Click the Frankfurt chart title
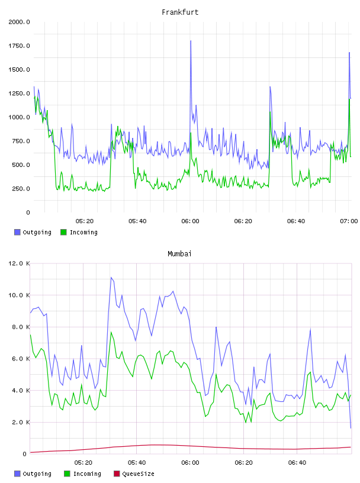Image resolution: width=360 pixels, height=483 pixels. point(180,12)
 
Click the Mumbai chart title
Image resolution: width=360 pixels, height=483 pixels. point(179,254)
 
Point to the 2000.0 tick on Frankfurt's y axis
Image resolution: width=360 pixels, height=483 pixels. point(19,22)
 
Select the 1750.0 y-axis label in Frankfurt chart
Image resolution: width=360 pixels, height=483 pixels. point(19,46)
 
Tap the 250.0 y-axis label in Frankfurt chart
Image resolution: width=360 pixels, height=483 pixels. point(21,188)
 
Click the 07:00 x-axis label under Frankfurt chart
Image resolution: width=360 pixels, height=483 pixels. point(349,221)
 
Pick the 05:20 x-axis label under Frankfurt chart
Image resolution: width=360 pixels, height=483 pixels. point(85,221)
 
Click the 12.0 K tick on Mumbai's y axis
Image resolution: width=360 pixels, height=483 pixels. point(19,263)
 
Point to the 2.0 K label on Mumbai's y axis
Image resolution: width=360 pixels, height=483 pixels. point(21,422)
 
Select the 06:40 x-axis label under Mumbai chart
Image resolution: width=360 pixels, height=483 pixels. point(297,463)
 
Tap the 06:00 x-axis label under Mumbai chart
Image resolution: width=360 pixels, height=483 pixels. point(190,463)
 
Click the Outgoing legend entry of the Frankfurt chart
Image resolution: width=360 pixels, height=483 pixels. point(33,232)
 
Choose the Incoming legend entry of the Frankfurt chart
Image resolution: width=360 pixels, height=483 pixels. point(79,232)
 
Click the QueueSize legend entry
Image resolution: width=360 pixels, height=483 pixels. point(134,474)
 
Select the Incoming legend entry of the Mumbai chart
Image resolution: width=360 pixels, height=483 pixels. point(82,474)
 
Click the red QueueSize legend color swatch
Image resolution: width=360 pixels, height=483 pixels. point(117,474)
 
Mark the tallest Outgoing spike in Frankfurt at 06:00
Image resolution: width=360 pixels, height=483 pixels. point(191,41)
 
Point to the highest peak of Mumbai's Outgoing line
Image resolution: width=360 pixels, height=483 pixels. point(111,278)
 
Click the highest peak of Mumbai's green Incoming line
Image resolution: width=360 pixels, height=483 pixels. point(111,333)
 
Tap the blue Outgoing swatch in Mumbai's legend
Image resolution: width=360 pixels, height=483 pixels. point(17,474)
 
